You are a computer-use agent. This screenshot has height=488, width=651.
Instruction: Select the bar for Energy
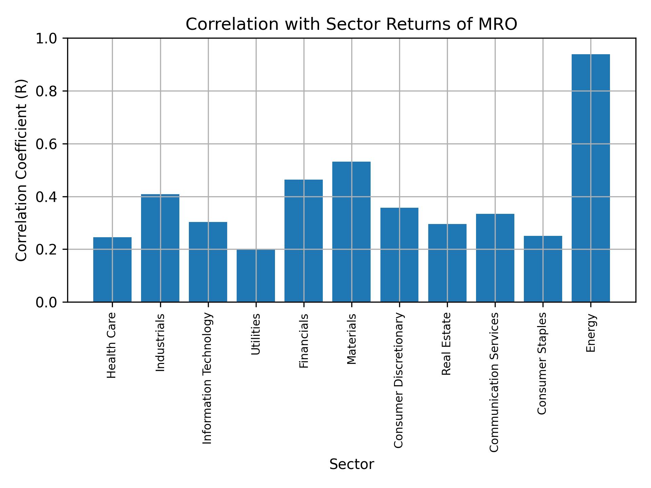click(590, 178)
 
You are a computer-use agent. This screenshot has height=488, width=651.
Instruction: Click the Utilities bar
click(256, 276)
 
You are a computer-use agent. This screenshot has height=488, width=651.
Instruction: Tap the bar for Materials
click(351, 232)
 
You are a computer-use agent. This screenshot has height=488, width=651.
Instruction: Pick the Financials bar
click(303, 241)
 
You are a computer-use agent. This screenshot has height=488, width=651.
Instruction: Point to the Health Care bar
click(112, 269)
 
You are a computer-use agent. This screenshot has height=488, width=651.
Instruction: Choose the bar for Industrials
click(160, 248)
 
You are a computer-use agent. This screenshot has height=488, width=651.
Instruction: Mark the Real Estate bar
click(447, 263)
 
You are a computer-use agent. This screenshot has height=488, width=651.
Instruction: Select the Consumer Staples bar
click(542, 269)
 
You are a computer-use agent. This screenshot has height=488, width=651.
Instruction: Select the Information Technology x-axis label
click(208, 378)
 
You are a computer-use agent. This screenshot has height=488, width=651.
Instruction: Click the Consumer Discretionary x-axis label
click(399, 380)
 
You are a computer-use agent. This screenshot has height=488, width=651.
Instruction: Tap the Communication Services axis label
click(494, 382)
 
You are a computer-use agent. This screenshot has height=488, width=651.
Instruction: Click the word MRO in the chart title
click(497, 24)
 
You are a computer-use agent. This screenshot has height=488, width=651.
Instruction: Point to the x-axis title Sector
click(352, 464)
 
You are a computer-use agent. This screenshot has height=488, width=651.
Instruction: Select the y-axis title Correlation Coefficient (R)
click(21, 170)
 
